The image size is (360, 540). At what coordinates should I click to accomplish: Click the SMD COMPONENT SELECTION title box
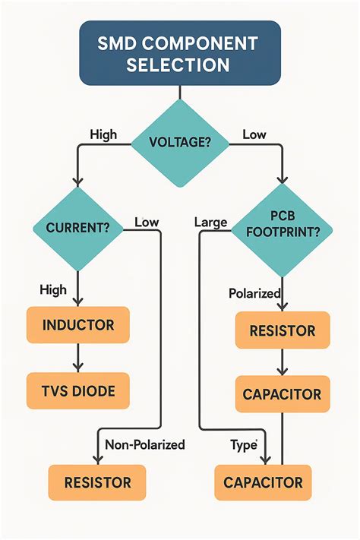click(x=180, y=53)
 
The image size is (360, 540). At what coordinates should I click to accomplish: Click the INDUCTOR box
click(x=78, y=325)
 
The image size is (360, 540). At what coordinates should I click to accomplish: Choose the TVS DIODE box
click(x=78, y=391)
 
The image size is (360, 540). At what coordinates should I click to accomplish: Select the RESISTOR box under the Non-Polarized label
click(x=97, y=482)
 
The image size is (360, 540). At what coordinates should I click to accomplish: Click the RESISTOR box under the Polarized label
click(x=282, y=330)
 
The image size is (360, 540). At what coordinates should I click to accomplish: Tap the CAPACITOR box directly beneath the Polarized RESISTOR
click(x=282, y=395)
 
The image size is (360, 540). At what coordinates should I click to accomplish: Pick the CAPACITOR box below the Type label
click(x=263, y=482)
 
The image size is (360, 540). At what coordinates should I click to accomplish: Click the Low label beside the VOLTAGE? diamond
click(x=254, y=134)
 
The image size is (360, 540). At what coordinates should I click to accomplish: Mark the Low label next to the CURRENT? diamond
click(x=146, y=222)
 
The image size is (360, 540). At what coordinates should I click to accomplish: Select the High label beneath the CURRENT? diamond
click(x=52, y=289)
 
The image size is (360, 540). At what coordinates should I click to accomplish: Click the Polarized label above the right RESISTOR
click(x=254, y=292)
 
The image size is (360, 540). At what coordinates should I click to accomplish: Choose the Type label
click(x=244, y=445)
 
